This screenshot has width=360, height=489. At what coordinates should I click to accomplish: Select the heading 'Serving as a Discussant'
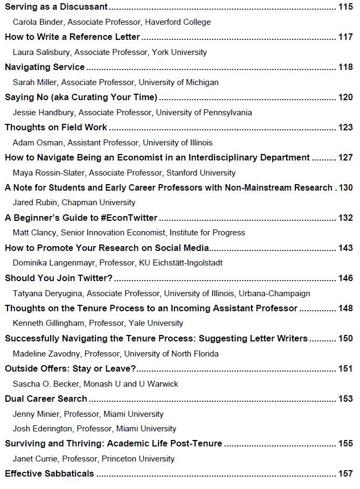click(56, 7)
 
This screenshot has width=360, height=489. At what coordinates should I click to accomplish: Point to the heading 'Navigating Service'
click(45, 67)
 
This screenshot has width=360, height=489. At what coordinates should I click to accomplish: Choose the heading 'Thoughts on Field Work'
click(56, 128)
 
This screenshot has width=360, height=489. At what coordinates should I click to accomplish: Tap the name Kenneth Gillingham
click(49, 324)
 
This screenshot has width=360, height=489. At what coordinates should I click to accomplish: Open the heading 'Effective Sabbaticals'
click(50, 474)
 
